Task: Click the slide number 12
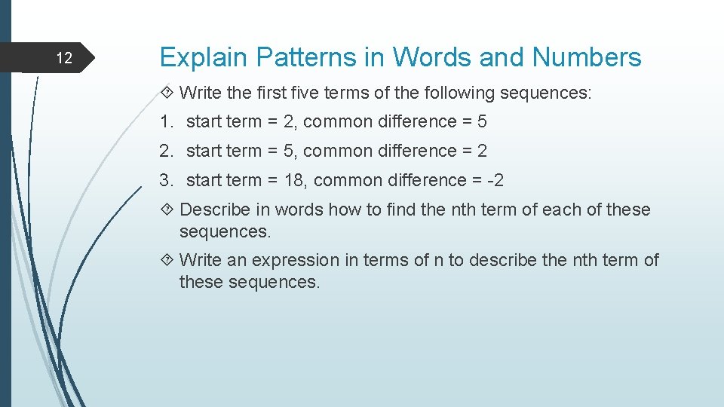point(65,58)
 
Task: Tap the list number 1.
point(165,121)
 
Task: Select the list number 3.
point(165,180)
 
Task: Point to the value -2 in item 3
point(495,180)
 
